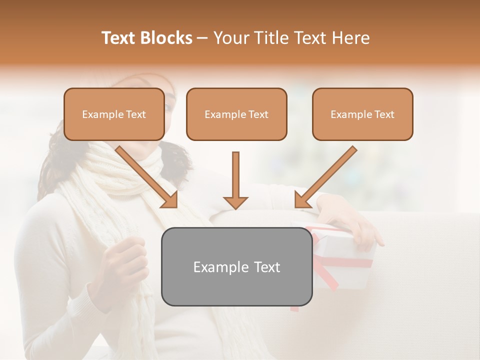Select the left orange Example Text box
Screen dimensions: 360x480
(x=114, y=114)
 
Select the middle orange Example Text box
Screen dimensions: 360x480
(x=236, y=114)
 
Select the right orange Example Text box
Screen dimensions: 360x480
(x=362, y=114)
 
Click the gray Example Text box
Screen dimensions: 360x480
(x=236, y=266)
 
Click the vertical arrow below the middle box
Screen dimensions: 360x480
(x=235, y=180)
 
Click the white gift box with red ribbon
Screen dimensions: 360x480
(x=345, y=260)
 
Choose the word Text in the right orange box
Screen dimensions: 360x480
(x=384, y=114)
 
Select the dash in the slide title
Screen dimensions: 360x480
(x=202, y=38)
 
